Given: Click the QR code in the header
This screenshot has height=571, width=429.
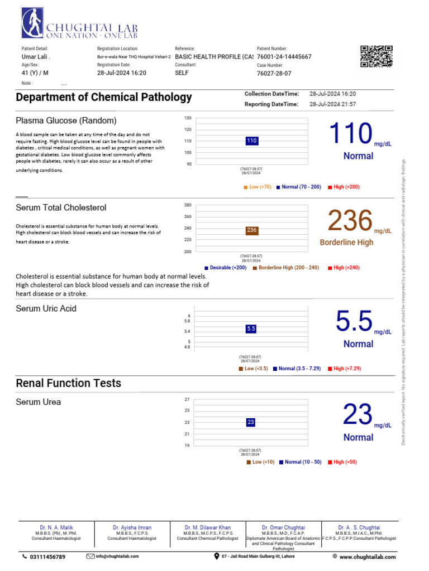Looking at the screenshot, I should (x=376, y=57).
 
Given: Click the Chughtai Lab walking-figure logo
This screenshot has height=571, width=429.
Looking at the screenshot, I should (x=32, y=24).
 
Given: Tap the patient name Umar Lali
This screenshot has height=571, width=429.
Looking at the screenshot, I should (x=35, y=57).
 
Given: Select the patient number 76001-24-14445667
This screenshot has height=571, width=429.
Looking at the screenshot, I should (x=284, y=57).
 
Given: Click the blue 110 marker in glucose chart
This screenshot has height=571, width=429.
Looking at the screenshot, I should (x=251, y=141).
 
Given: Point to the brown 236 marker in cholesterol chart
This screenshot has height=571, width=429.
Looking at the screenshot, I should (x=251, y=230).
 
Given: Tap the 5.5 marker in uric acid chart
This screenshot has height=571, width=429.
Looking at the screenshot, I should (x=251, y=329).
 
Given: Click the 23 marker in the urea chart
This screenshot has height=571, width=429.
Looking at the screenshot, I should (x=251, y=422).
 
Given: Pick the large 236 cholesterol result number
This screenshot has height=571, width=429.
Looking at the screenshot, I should (x=350, y=220).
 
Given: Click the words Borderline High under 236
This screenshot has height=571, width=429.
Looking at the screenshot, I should (x=346, y=243).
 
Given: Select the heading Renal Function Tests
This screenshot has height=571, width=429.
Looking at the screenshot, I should (x=68, y=383).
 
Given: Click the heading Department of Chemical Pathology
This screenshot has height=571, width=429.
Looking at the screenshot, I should (x=104, y=97).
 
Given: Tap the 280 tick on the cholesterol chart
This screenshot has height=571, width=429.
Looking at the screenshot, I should (x=188, y=205).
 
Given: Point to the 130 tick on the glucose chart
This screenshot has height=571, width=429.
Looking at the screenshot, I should (x=188, y=118).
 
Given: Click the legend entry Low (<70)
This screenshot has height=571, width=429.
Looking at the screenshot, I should (x=258, y=187).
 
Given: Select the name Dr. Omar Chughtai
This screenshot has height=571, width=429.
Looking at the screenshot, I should (x=283, y=527).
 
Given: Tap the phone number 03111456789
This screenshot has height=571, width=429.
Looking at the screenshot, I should (x=47, y=557).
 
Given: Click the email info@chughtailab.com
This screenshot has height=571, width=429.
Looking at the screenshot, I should (x=117, y=557).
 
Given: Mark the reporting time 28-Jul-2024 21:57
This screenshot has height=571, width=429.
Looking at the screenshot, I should (x=332, y=104).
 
